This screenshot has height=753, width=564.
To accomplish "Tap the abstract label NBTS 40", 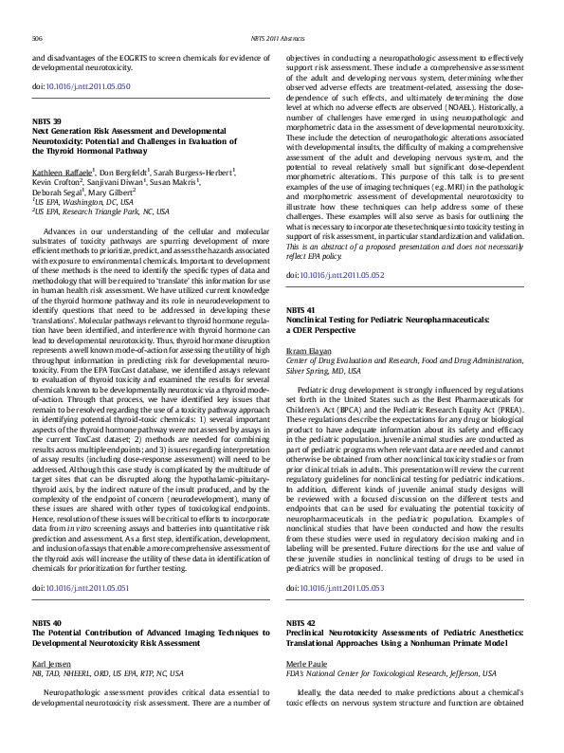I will pos(47,623).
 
